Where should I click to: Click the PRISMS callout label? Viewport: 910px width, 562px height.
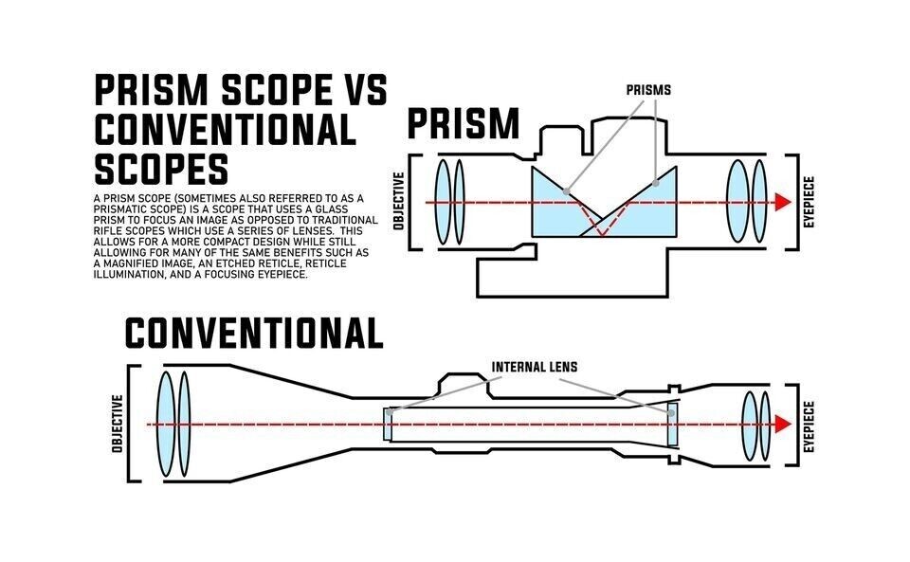pyautogui.click(x=647, y=90)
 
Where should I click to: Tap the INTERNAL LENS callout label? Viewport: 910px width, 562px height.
pyautogui.click(x=534, y=367)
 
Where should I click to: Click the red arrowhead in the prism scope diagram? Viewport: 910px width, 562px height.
pyautogui.click(x=781, y=203)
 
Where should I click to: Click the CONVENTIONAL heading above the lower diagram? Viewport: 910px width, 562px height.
pyautogui.click(x=254, y=333)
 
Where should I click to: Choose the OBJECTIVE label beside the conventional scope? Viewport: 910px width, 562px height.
pyautogui.click(x=118, y=424)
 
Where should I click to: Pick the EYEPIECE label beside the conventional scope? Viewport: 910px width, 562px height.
pyautogui.click(x=810, y=424)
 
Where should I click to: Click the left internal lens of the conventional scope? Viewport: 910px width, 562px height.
pyautogui.click(x=388, y=425)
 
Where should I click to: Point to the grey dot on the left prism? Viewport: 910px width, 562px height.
pyautogui.click(x=567, y=190)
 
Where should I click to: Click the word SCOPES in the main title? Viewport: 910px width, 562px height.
pyautogui.click(x=161, y=170)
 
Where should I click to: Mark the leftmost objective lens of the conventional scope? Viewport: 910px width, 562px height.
pyautogui.click(x=165, y=424)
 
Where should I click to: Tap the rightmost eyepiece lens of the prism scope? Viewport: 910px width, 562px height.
pyautogui.click(x=758, y=202)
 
